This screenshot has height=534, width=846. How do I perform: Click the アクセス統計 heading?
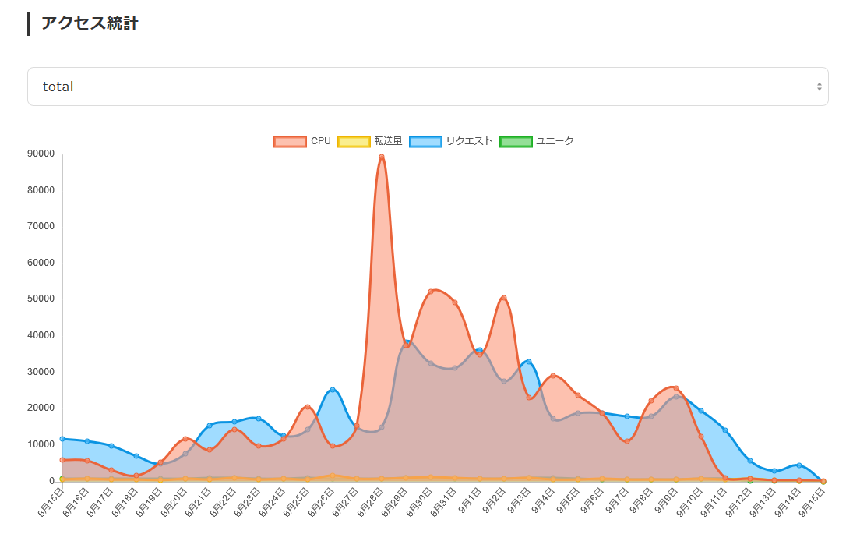[90, 23]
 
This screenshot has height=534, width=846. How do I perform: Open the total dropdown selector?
[427, 87]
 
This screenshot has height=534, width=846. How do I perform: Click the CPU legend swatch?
[290, 141]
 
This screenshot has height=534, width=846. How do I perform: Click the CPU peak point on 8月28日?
[382, 157]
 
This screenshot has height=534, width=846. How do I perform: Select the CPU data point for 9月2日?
[504, 298]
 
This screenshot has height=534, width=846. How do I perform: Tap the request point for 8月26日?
[333, 390]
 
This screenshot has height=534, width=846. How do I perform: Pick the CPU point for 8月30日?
[431, 292]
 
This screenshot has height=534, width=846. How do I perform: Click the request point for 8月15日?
[62, 439]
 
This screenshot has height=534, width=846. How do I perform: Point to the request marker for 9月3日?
[529, 362]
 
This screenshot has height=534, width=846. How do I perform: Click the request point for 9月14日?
[799, 465]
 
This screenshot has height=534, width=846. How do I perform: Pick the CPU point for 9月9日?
[676, 388]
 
